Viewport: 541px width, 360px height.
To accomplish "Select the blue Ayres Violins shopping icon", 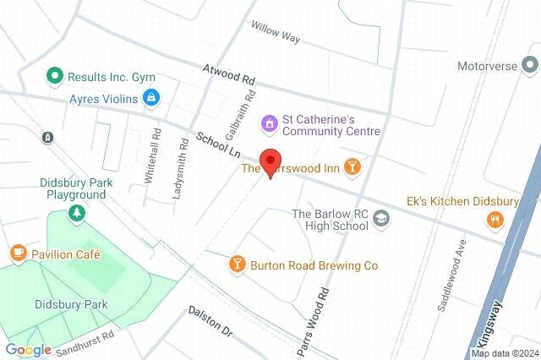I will [151, 98].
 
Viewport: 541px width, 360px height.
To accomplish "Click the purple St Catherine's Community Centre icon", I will [270, 123].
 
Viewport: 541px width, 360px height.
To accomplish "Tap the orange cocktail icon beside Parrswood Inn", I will [353, 167].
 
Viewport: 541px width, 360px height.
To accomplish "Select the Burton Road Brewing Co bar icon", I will [238, 265].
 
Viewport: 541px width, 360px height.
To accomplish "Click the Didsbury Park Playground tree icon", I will [76, 213].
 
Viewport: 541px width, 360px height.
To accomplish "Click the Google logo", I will [29, 350].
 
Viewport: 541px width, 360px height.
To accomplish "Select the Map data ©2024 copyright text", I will [505, 353].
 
